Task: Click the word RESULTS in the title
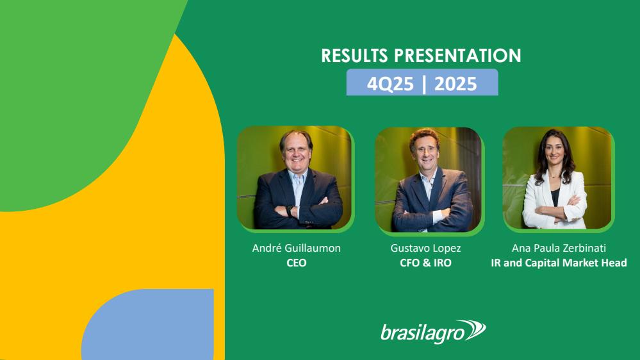tap(354, 56)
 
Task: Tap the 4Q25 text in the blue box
tap(390, 84)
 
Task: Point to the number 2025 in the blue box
tap(455, 84)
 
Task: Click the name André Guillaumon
tap(297, 248)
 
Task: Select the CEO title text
tap(297, 263)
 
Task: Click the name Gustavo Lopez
tap(426, 248)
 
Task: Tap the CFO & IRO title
tap(426, 263)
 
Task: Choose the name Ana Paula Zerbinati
tap(559, 248)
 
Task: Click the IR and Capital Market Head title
tap(559, 263)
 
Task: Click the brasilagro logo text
tap(422, 332)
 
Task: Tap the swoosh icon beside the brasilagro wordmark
tap(473, 330)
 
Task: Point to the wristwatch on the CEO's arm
tap(290, 211)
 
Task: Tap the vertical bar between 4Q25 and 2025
tap(424, 84)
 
